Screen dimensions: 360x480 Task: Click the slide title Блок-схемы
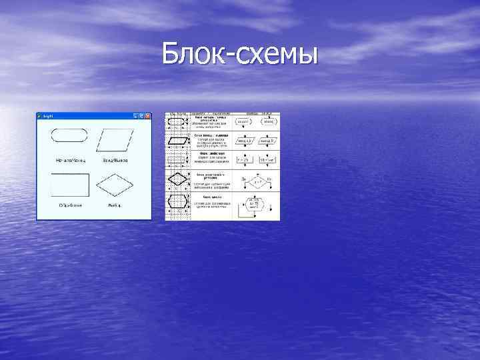pos(239,53)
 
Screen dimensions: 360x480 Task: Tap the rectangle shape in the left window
pos(69,183)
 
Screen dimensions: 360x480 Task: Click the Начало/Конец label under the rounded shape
pos(70,161)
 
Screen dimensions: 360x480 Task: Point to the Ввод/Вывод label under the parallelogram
pos(115,161)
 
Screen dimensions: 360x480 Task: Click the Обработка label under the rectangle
pos(70,205)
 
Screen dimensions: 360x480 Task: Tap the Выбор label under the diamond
pos(114,205)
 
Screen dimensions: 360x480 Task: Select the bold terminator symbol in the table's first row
pos(178,123)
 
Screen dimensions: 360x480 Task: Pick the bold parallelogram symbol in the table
pos(178,141)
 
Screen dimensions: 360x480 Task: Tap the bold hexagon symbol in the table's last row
pos(178,203)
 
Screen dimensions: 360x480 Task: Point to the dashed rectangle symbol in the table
pos(178,160)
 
